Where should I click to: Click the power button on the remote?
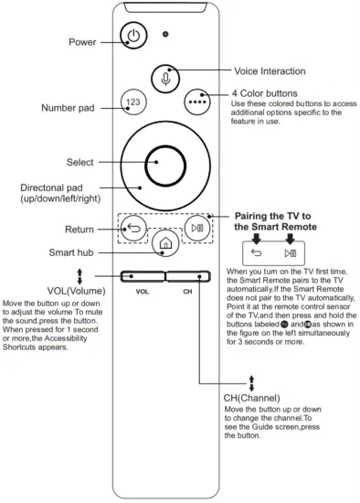(x=133, y=37)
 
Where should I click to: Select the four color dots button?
(x=196, y=100)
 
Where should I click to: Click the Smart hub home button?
(x=164, y=244)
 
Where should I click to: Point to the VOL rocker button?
(x=142, y=274)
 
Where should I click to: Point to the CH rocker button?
(x=187, y=274)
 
